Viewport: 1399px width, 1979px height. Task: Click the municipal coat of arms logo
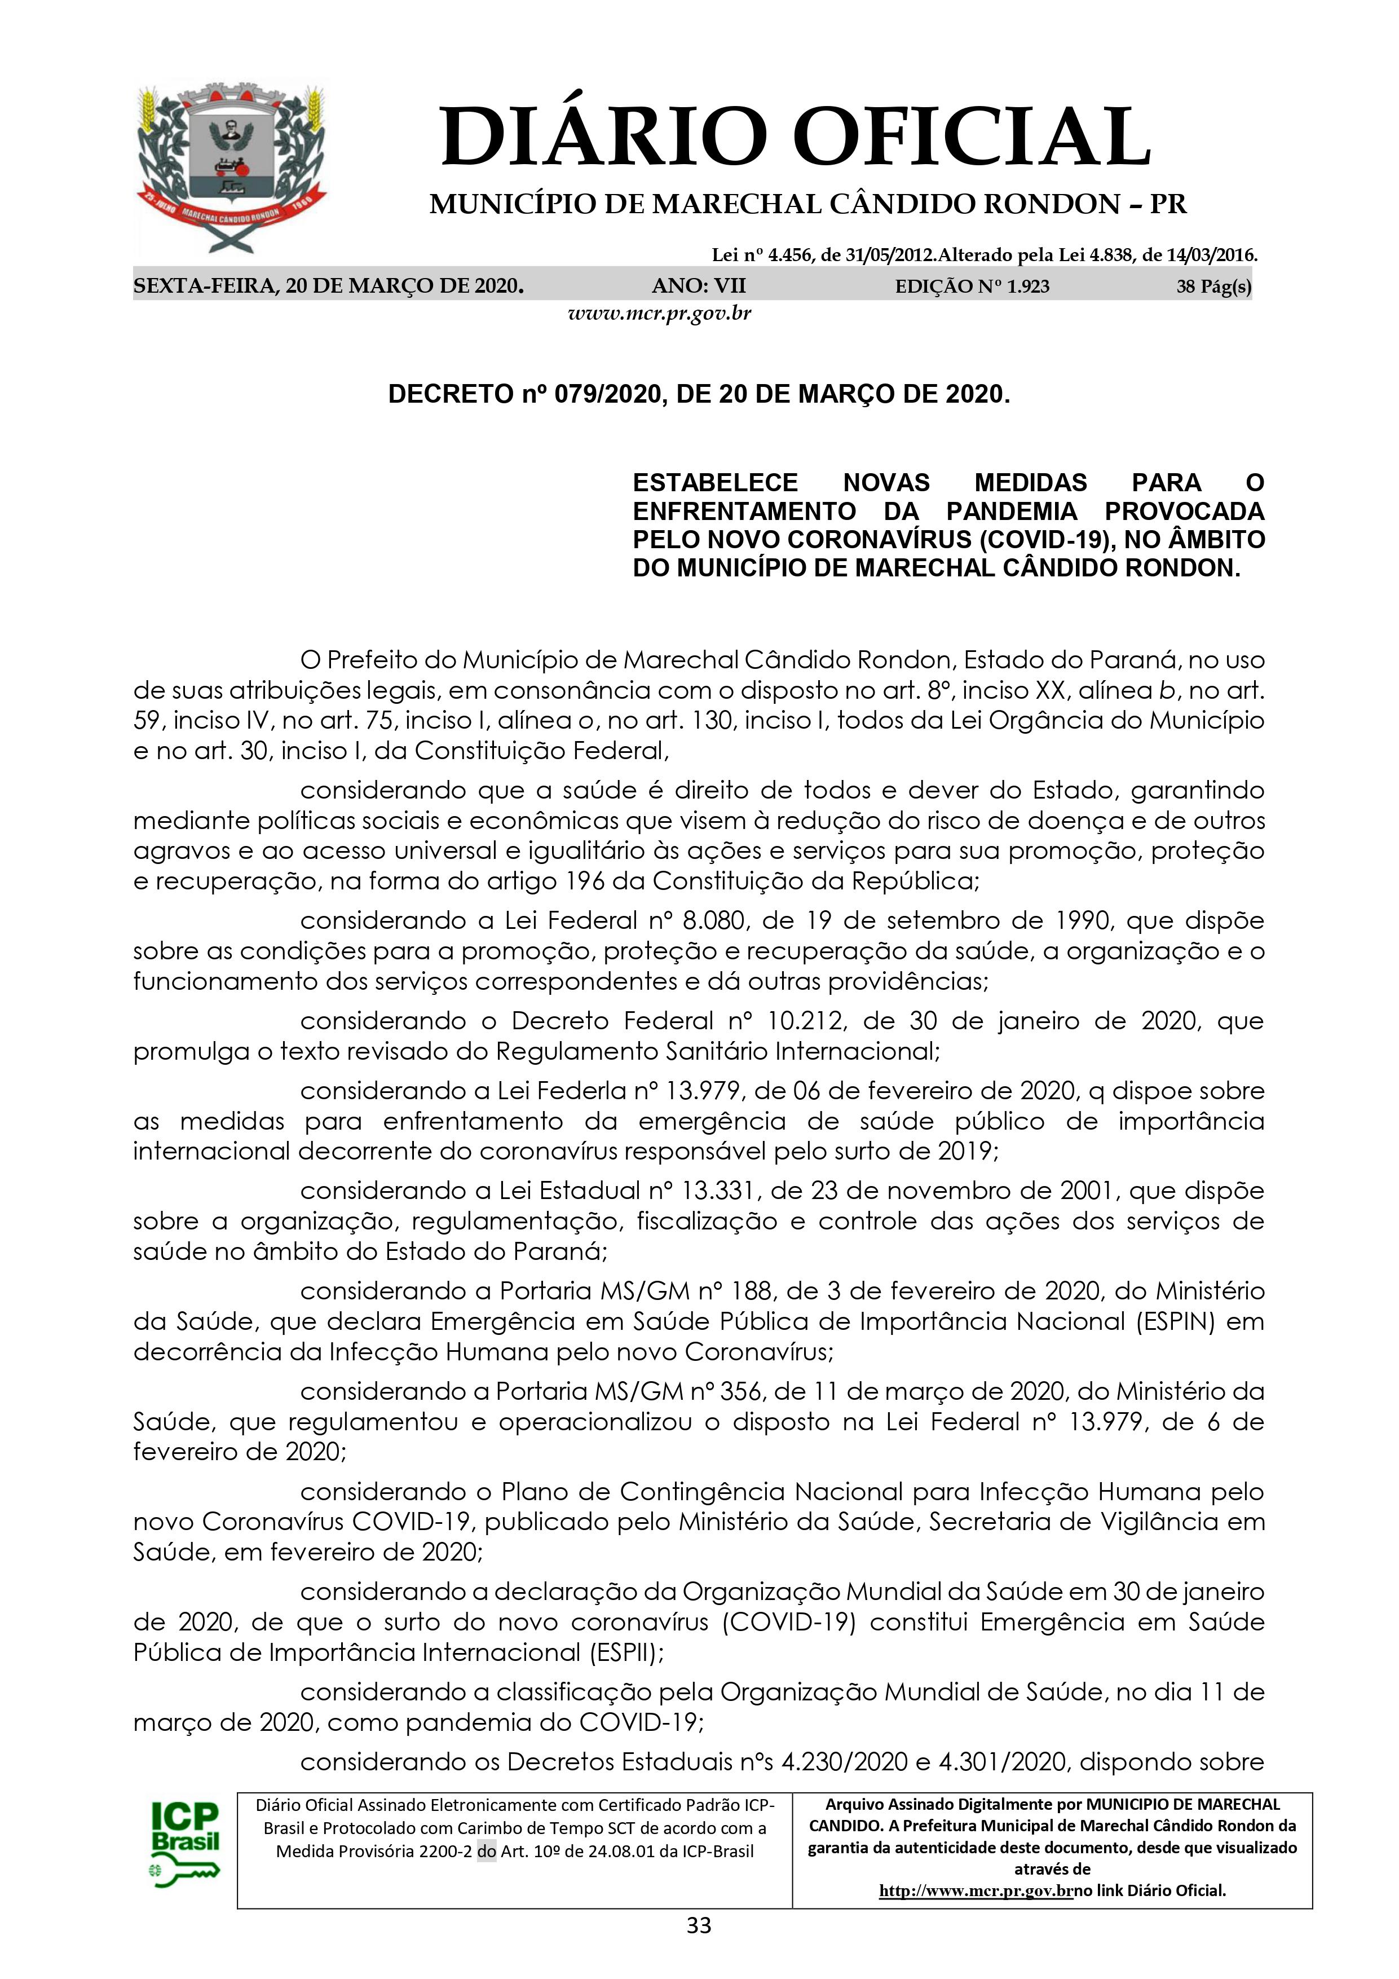[232, 168]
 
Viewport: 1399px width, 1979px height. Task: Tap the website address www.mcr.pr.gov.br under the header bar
[659, 313]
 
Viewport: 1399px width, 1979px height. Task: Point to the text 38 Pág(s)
[1213, 286]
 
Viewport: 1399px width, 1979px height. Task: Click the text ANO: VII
[699, 286]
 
